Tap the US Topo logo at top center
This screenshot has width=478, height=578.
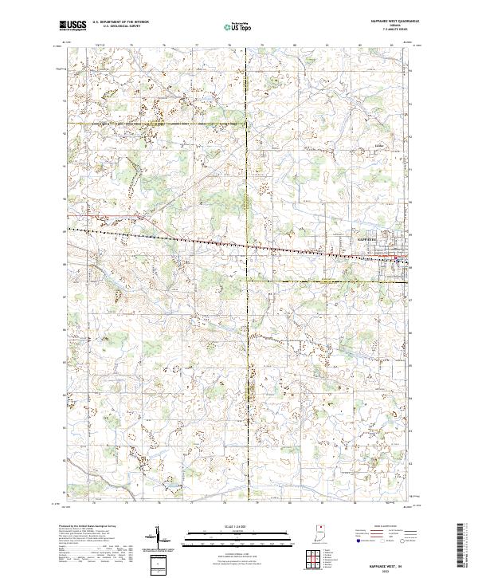pos(239,27)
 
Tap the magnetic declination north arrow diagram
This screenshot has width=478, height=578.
pos(162,537)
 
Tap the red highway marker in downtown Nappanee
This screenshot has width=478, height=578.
pos(399,258)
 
